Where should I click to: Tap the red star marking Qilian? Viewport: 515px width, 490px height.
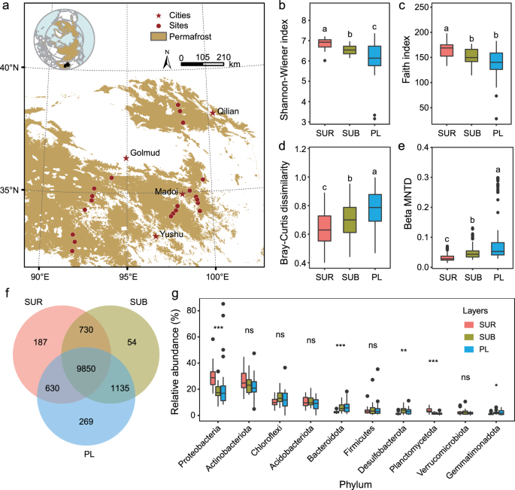coord(213,113)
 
